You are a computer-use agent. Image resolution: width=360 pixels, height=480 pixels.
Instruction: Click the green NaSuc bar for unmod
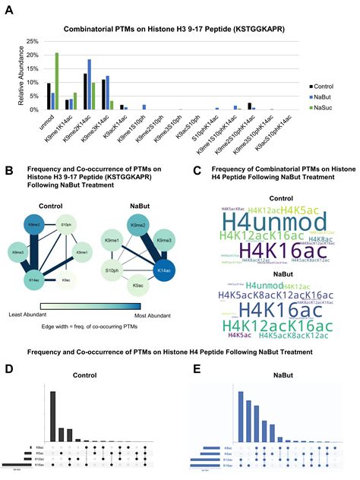pyautogui.click(x=56, y=81)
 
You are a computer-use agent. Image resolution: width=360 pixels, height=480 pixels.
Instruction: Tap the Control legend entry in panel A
pyautogui.click(x=324, y=77)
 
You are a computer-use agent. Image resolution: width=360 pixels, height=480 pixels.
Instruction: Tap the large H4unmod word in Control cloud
pyautogui.click(x=264, y=219)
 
